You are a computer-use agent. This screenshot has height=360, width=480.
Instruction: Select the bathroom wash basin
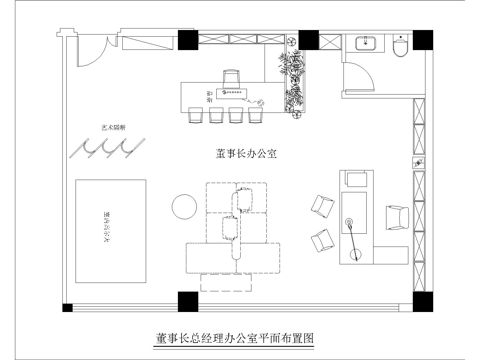(365, 44)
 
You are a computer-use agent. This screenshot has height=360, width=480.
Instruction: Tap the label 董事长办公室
(246, 154)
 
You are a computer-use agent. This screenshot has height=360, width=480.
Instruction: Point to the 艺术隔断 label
(113, 128)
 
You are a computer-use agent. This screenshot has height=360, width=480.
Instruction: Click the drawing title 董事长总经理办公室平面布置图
(235, 338)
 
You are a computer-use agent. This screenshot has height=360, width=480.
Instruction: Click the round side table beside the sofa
(184, 207)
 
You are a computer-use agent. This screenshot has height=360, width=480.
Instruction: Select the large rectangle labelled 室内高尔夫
(111, 231)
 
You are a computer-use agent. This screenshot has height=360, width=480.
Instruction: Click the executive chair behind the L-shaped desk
(397, 218)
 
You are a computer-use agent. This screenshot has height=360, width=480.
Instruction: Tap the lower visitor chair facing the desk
(322, 241)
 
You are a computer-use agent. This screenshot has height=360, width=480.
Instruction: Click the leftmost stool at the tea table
(196, 115)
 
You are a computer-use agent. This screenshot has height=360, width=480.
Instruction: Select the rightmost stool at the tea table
(255, 115)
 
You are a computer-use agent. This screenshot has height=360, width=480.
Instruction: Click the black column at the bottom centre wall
(188, 301)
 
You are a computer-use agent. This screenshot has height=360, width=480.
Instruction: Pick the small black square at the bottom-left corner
(67, 308)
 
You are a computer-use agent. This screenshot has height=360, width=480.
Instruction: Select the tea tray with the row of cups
(232, 94)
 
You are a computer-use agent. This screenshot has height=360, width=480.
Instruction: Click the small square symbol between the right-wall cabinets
(418, 163)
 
